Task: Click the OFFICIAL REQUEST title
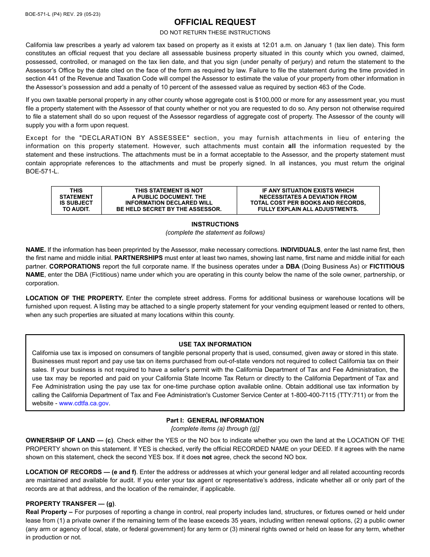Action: pyautogui.click(x=215, y=22)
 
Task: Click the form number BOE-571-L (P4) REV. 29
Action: pyautogui.click(x=63, y=14)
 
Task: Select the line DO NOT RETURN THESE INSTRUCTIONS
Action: pyautogui.click(x=215, y=33)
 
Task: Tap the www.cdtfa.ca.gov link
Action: pyautogui.click(x=84, y=403)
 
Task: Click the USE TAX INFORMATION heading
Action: pyautogui.click(x=215, y=344)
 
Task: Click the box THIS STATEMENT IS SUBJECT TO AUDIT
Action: pyautogui.click(x=76, y=200)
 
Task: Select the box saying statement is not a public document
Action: pyautogui.click(x=169, y=200)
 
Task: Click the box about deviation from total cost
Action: pyautogui.click(x=308, y=200)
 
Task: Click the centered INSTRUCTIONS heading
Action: pyautogui.click(x=215, y=224)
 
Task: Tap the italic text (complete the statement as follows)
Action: pyautogui.click(x=215, y=233)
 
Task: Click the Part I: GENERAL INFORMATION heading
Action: pyautogui.click(x=215, y=420)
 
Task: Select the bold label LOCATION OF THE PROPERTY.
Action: pyautogui.click(x=75, y=298)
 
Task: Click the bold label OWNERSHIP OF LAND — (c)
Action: pyautogui.click(x=69, y=440)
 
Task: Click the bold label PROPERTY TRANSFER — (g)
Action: pyautogui.click(x=71, y=504)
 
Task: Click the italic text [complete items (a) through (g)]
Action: pyautogui.click(x=215, y=429)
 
